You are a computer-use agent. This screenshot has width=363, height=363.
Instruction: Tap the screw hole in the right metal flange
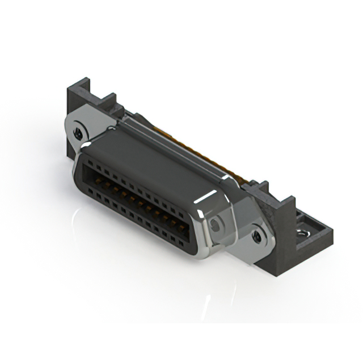[258, 234]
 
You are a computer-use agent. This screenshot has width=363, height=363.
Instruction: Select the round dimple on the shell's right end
[215, 226]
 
